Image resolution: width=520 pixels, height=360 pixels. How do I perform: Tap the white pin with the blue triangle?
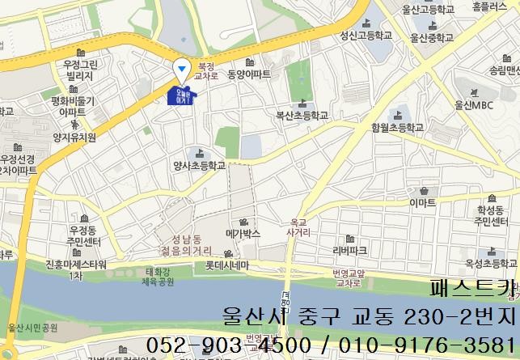coord(183,68)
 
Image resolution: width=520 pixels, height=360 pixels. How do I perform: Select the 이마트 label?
coord(423,201)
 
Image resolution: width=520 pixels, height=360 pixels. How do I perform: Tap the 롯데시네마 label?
coord(226,265)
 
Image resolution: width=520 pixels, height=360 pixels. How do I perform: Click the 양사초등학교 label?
coord(198,165)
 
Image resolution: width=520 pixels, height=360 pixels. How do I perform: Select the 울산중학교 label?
coord(439,37)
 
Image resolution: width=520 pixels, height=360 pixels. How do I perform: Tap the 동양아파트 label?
coord(249,74)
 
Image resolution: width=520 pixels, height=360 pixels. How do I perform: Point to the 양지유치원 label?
coord(74,138)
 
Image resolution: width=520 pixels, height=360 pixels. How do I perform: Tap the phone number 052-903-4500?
coord(229,345)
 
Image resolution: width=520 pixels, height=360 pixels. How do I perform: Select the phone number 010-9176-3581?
coord(424,345)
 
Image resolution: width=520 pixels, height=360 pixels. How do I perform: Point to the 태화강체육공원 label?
coord(159,277)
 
